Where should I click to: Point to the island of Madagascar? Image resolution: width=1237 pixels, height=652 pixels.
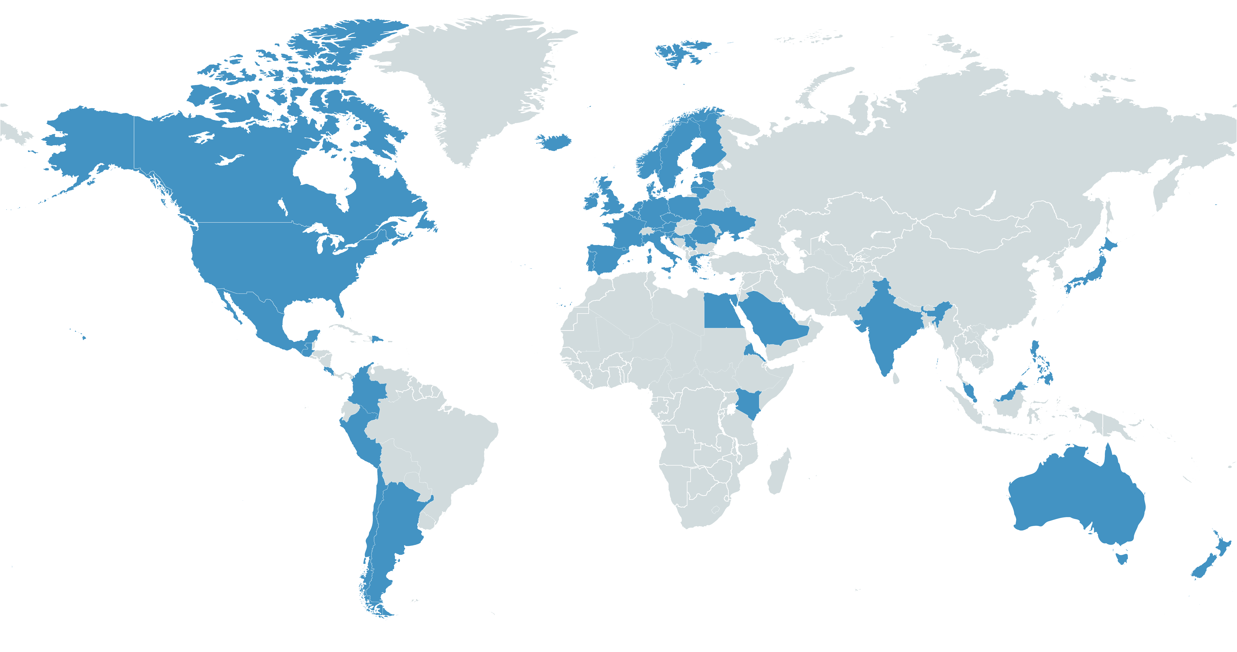[x=779, y=473]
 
